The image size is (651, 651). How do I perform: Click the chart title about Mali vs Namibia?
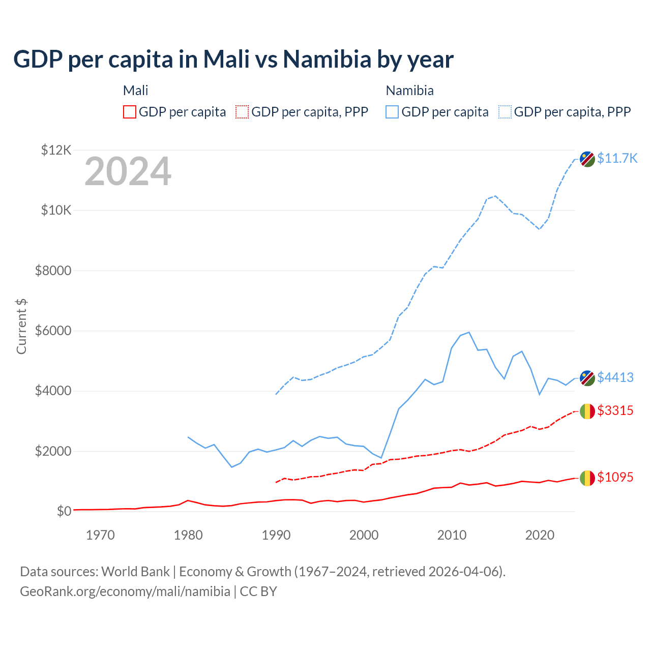coord(233,60)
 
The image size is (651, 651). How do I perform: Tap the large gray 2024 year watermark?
coord(128,172)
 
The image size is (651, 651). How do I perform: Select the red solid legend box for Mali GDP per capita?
coord(130,112)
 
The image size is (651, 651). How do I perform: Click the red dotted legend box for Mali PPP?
coord(242,112)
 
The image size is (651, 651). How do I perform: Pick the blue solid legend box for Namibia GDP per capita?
coord(392,112)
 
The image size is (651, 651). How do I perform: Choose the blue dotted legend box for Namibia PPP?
coord(505,112)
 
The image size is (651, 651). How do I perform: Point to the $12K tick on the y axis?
coord(56,150)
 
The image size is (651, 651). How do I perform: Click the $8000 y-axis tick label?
coord(53,271)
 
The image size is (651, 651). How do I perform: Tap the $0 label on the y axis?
coord(64,511)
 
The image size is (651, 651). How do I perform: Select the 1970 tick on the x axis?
coord(100,535)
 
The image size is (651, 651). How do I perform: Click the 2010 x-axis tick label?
coord(452,535)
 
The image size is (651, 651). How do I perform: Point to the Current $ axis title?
coord(21,326)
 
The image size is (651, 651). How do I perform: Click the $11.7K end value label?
coord(617,158)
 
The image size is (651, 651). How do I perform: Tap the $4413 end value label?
coord(615,377)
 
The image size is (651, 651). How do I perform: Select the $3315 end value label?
coord(615,410)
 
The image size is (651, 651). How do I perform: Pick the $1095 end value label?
coord(615,477)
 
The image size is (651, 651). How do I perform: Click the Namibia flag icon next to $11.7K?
coord(587,159)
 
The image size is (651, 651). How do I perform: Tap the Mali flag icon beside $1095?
coord(587,478)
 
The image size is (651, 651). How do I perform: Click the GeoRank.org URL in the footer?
coord(125,591)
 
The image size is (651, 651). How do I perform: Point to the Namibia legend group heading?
coord(409,91)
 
